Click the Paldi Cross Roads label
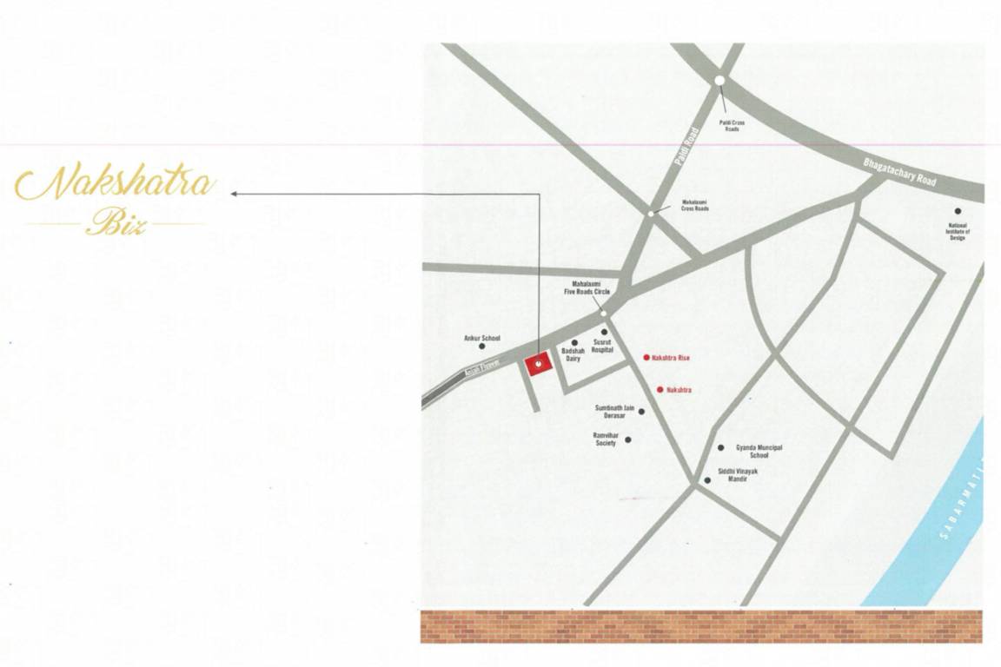click(732, 125)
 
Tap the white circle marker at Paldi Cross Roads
click(719, 81)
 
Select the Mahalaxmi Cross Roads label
click(694, 206)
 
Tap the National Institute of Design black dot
click(958, 211)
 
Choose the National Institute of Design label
click(958, 231)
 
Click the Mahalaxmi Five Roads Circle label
click(592, 288)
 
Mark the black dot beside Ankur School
click(482, 346)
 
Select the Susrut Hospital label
click(603, 346)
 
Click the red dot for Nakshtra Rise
click(646, 357)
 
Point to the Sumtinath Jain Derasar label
click(615, 411)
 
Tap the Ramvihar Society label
click(606, 439)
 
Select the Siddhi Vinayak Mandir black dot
click(706, 480)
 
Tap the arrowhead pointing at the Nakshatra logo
click(234, 194)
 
